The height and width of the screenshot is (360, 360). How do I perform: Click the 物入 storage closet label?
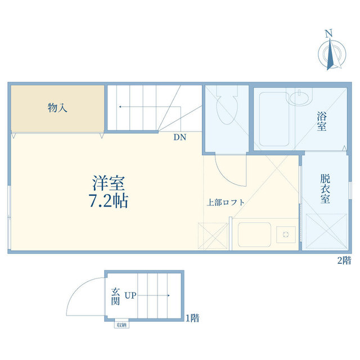click(x=58, y=109)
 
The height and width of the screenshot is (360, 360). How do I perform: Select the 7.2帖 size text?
click(x=108, y=200)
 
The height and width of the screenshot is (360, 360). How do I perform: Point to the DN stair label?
click(x=179, y=137)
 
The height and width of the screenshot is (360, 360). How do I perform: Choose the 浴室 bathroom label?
click(x=322, y=121)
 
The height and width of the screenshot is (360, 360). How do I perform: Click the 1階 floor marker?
click(x=192, y=318)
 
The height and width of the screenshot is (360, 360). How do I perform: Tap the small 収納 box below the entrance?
click(x=121, y=324)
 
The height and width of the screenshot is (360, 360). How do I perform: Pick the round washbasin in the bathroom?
click(x=299, y=98)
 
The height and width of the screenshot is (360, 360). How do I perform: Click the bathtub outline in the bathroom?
click(x=274, y=119)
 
